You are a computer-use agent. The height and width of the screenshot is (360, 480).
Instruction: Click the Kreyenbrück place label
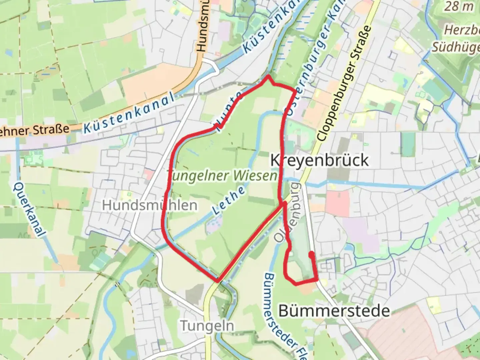click(x=319, y=160)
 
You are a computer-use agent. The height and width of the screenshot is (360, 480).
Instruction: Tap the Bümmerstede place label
click(x=334, y=311)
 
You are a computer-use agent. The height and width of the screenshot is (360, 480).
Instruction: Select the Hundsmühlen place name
click(x=150, y=205)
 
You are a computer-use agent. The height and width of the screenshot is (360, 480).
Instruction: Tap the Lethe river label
click(x=229, y=200)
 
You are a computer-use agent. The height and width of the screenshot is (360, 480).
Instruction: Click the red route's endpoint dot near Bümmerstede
click(x=311, y=254)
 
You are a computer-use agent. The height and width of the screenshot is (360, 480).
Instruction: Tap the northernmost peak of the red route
click(x=268, y=77)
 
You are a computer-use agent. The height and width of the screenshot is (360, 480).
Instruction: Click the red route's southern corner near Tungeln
click(x=218, y=281)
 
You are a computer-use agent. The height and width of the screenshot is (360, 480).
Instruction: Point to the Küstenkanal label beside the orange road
click(x=128, y=113)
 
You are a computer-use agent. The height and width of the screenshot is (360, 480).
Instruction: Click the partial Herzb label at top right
click(x=462, y=30)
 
